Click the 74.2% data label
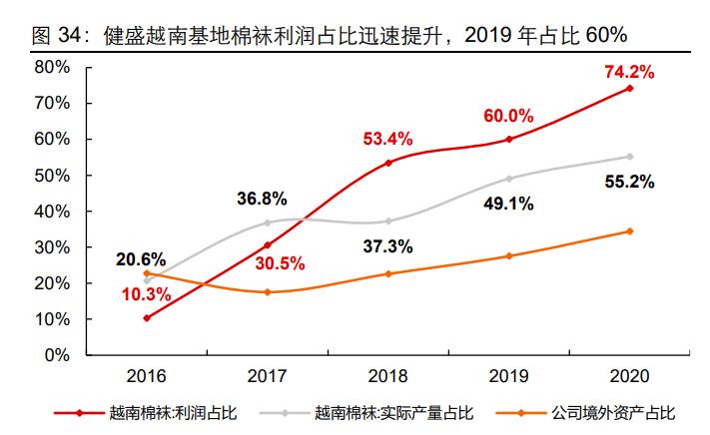(x=629, y=72)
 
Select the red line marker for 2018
(x=388, y=163)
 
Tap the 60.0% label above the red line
(x=509, y=116)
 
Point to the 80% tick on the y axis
(x=51, y=67)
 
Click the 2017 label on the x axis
(x=268, y=376)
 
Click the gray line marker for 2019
(x=509, y=179)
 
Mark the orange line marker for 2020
(x=629, y=231)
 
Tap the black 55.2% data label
(x=629, y=183)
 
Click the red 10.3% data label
(x=146, y=294)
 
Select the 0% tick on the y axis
(x=55, y=355)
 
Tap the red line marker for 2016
(x=148, y=318)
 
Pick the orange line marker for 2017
(x=268, y=292)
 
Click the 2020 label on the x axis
(x=629, y=376)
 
